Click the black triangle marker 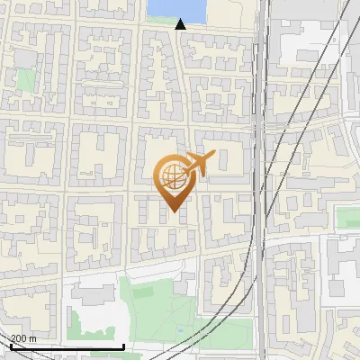pos(181,24)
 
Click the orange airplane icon pos(198,165)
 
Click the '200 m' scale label pos(23,338)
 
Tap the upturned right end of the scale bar pos(122,345)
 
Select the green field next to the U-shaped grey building pos(347,217)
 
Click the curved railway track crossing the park pos(225,306)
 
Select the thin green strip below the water pos(175,20)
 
